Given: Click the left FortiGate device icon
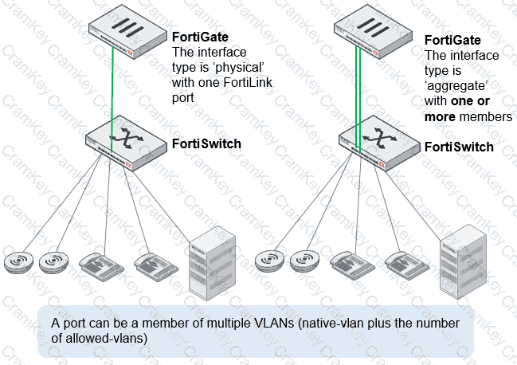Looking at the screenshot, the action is (127, 32).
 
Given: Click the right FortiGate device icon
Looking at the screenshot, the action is (373, 32).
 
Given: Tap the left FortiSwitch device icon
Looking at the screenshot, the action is (126, 143).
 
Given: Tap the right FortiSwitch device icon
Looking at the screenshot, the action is (379, 143).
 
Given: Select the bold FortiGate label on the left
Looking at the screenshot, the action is (200, 37).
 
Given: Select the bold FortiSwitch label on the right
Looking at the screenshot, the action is (459, 147).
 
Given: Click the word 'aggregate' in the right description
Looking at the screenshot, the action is (456, 86).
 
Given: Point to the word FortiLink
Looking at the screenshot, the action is (248, 82).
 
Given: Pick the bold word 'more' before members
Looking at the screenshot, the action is (440, 116).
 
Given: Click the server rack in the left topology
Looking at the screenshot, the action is (213, 263).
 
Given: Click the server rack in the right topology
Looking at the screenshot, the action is (464, 261).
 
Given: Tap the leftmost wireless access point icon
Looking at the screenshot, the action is (19, 262).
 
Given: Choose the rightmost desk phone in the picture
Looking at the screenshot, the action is (407, 265).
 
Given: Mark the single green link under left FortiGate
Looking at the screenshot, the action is (112, 100).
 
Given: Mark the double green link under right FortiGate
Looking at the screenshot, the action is (358, 100).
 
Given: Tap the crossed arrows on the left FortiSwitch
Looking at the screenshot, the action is (127, 138).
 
